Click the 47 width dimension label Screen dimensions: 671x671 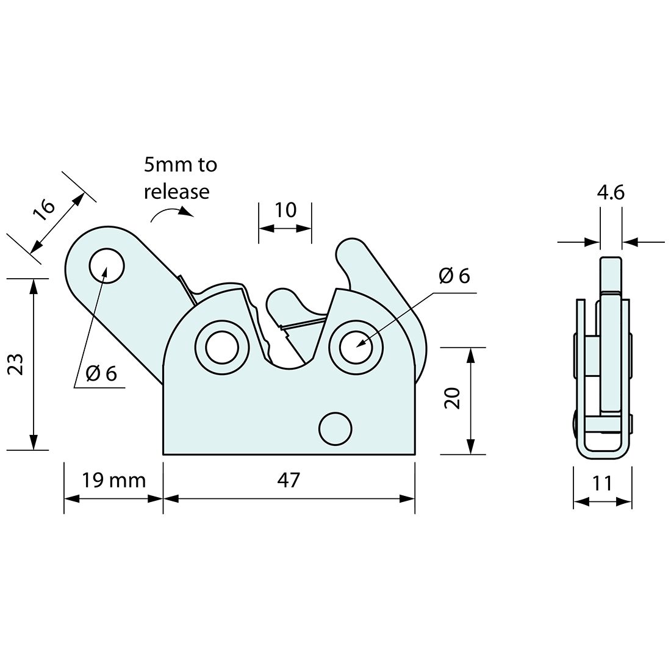pyautogui.click(x=289, y=480)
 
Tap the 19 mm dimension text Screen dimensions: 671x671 pyautogui.click(x=114, y=481)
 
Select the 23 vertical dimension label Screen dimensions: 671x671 pyautogui.click(x=16, y=364)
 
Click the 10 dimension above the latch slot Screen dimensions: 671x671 pyautogui.click(x=285, y=210)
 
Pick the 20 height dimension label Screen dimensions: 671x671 pyautogui.click(x=453, y=400)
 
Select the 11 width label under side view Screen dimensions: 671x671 pyautogui.click(x=602, y=484)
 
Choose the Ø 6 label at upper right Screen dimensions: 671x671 pyautogui.click(x=454, y=276)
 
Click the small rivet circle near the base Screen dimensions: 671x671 pyautogui.click(x=335, y=429)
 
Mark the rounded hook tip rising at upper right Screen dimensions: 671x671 pyautogui.click(x=351, y=250)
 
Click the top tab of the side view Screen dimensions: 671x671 pyautogui.click(x=611, y=274)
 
